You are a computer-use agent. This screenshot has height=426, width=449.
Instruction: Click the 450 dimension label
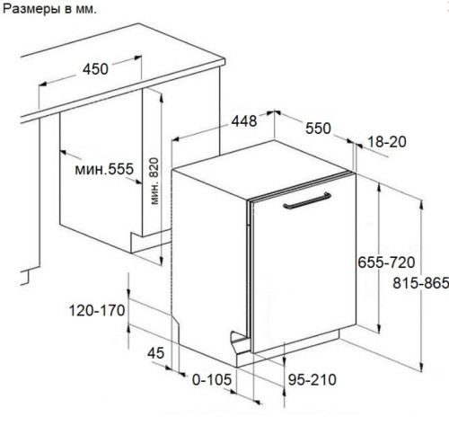(95, 69)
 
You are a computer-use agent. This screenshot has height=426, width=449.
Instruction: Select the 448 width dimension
(244, 121)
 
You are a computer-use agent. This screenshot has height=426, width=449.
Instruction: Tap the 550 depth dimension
(318, 129)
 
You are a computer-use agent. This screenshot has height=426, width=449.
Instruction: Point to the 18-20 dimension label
(387, 142)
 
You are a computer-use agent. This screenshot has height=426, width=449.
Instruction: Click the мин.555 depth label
(104, 169)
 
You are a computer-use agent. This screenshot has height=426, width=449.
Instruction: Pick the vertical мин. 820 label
(154, 182)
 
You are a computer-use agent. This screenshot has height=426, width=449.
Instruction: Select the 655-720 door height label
(386, 262)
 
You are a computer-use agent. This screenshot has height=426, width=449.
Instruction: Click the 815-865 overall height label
(420, 283)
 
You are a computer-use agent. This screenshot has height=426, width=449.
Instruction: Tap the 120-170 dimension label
(97, 310)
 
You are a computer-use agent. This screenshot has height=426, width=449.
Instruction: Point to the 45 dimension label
(155, 353)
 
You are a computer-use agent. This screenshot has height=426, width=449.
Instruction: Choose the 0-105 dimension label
(212, 380)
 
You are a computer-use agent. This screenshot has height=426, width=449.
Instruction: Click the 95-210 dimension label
(313, 380)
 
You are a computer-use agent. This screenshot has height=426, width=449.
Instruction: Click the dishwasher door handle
(307, 200)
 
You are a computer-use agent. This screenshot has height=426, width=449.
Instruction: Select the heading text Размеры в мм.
(49, 9)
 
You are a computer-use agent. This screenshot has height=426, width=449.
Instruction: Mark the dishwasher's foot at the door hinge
(240, 342)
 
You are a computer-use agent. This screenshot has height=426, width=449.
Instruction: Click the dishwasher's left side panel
(209, 263)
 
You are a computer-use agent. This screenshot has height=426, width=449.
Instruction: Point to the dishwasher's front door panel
(304, 263)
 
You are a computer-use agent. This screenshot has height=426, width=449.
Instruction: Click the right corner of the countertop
(224, 61)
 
